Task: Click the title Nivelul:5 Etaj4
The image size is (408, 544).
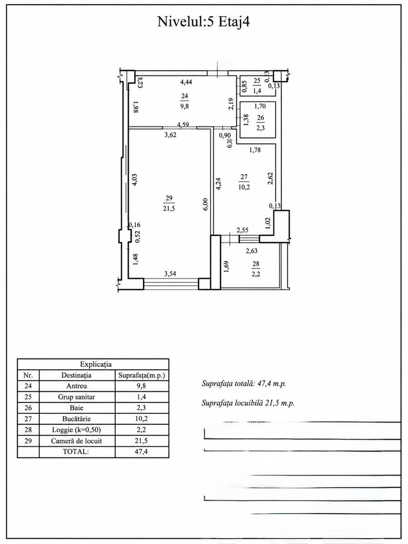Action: (x=204, y=22)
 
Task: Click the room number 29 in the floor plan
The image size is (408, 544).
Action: (x=169, y=198)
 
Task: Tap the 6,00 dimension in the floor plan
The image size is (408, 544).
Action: (x=206, y=204)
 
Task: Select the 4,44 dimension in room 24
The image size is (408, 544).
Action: (x=186, y=82)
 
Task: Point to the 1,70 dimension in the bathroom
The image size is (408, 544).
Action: (x=260, y=107)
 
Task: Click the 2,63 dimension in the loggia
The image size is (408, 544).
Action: (x=251, y=251)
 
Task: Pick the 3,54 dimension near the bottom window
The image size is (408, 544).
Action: (x=170, y=274)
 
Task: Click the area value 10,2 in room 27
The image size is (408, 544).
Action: (x=244, y=187)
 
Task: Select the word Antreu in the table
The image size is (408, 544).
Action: (x=77, y=386)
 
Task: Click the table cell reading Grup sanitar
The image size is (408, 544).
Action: (x=77, y=397)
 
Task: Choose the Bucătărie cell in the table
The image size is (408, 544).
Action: (x=77, y=419)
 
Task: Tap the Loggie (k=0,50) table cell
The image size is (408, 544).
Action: (x=77, y=430)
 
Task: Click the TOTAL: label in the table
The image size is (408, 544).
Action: (x=76, y=452)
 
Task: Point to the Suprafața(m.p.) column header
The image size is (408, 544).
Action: (x=142, y=375)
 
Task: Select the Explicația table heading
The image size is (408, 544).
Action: (x=96, y=364)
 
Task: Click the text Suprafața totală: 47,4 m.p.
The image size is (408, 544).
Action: (x=244, y=384)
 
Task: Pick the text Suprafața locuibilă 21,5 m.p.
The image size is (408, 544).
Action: (x=248, y=403)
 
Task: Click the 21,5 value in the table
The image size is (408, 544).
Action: (x=142, y=441)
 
